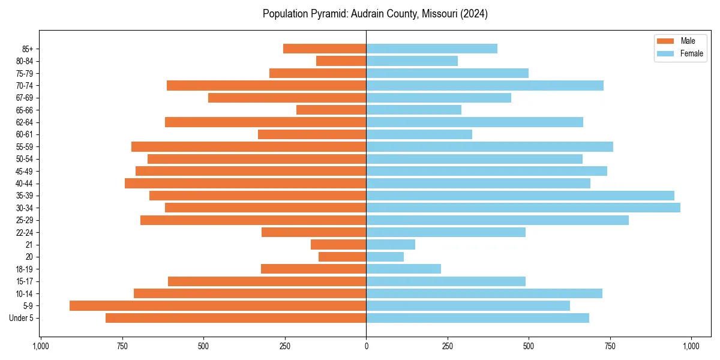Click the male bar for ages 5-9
point(218,305)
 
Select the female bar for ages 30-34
point(523,208)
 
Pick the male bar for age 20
point(342,257)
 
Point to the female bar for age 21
point(391,244)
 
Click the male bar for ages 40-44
point(245,183)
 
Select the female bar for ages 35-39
point(520,196)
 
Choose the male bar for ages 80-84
point(341,61)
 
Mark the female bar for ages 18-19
point(403,269)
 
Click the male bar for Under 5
point(236,318)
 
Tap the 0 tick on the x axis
point(366,346)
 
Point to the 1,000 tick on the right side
point(691,346)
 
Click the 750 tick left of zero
point(122,346)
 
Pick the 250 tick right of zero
point(448,346)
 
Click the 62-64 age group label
point(24,122)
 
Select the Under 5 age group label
point(21,318)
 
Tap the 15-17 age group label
point(24,281)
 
